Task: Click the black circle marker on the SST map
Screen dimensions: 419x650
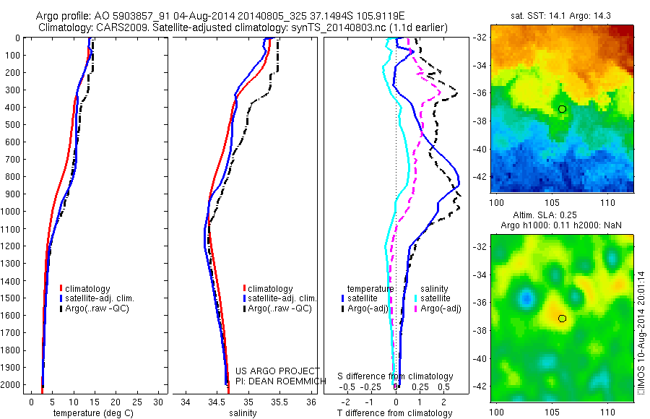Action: click(563, 108)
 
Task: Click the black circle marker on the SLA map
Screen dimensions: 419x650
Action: click(563, 318)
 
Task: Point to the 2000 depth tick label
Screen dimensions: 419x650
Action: click(12, 386)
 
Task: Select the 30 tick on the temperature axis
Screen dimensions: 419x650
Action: click(159, 401)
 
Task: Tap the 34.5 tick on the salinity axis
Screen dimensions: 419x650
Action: click(217, 401)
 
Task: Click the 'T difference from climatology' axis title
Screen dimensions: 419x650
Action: click(394, 413)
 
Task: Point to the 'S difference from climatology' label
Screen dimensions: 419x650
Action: click(395, 376)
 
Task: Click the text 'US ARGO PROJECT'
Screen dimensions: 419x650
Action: click(277, 371)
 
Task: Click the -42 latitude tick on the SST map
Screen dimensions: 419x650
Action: click(480, 176)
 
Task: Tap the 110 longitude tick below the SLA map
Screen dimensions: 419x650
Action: click(608, 411)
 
